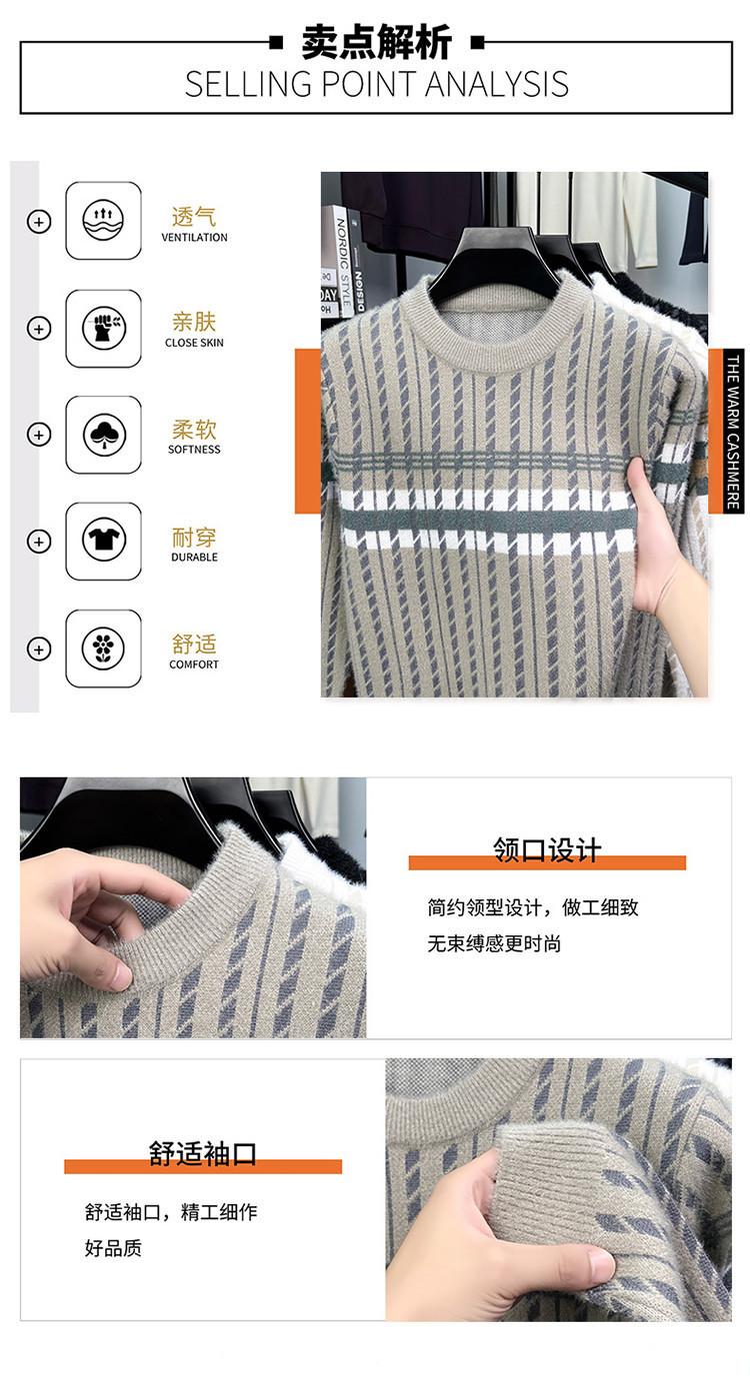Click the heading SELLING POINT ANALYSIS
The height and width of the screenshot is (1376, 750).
(376, 84)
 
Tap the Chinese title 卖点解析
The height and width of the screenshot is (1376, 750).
(376, 42)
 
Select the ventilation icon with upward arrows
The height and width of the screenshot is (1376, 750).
(103, 221)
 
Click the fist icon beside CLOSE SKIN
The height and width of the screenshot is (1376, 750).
(103, 328)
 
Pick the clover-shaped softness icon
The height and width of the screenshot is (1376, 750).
(103, 435)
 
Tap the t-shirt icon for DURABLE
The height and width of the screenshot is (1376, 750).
(103, 542)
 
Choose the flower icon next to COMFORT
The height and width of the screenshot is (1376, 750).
(103, 649)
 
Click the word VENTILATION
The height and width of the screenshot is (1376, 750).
(194, 237)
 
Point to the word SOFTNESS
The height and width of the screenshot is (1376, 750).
(194, 449)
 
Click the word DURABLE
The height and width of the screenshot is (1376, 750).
(194, 557)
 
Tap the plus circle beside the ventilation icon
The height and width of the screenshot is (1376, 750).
(39, 221)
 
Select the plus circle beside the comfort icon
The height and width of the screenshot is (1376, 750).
(39, 650)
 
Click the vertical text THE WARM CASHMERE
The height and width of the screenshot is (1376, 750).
(732, 431)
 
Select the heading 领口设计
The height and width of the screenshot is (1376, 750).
(547, 850)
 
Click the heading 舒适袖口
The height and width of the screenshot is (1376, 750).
(202, 1153)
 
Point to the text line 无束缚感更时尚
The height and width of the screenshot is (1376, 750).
(494, 943)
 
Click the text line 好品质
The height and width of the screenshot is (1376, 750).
(113, 1248)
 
